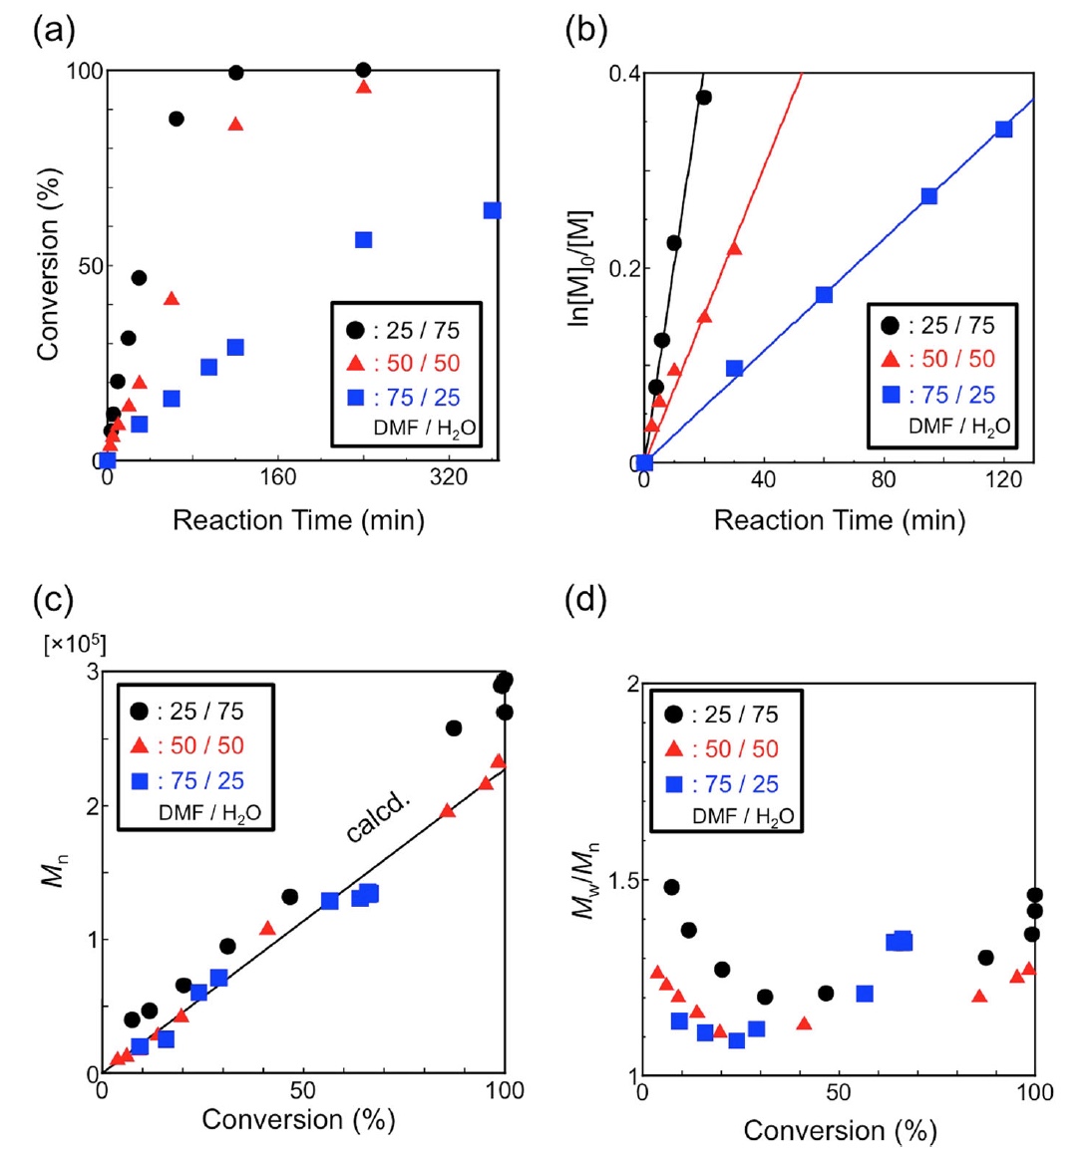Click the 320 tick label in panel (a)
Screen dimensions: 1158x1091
pyautogui.click(x=449, y=478)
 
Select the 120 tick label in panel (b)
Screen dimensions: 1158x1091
pyautogui.click(x=1003, y=480)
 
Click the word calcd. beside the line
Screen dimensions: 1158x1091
pyautogui.click(x=378, y=818)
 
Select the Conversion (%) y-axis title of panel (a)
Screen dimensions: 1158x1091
pyautogui.click(x=48, y=264)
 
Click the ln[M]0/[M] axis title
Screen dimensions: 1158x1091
pyautogui.click(x=580, y=268)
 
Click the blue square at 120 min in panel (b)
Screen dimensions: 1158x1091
pyautogui.click(x=1003, y=129)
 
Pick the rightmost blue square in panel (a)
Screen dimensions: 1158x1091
pyautogui.click(x=492, y=210)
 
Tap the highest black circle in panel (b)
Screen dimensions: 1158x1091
pyautogui.click(x=704, y=97)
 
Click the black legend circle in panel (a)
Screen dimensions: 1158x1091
pyautogui.click(x=355, y=330)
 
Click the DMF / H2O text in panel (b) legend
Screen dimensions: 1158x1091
pyautogui.click(x=959, y=427)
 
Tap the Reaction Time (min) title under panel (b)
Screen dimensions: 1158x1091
pyautogui.click(x=839, y=520)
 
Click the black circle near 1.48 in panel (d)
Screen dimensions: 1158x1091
pyautogui.click(x=671, y=887)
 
